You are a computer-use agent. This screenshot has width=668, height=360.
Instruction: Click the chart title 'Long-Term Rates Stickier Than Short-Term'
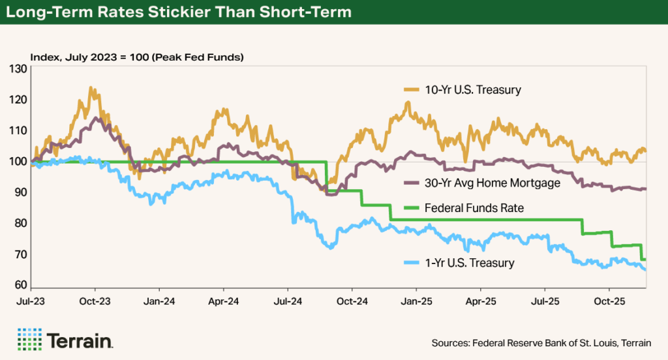[179, 12]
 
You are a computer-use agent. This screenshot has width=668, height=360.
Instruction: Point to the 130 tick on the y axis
[18, 68]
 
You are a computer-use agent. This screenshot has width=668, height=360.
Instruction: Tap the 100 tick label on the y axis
[18, 162]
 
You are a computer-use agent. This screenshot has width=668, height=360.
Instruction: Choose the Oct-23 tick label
[95, 303]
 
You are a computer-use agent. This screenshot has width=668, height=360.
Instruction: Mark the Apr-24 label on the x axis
[223, 303]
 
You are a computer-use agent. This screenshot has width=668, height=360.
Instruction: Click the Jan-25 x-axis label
[416, 303]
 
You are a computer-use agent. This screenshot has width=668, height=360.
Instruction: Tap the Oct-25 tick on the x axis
[609, 303]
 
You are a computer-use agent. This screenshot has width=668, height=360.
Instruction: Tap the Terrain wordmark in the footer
[80, 340]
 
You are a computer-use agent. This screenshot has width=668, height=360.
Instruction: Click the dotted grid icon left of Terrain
[29, 340]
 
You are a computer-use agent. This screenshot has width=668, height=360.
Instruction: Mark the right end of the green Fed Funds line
[646, 260]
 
